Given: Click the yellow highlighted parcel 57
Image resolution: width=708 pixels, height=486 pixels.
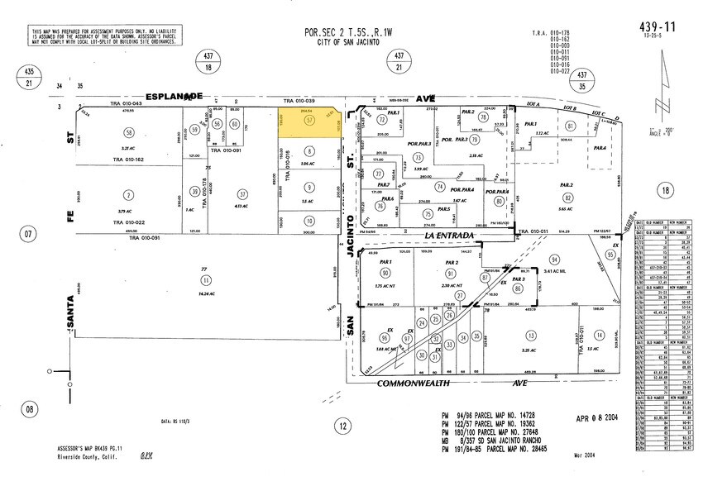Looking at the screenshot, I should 309,121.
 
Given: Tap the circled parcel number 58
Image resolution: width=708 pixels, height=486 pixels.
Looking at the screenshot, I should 128,132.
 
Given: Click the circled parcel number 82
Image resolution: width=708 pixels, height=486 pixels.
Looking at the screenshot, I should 568,198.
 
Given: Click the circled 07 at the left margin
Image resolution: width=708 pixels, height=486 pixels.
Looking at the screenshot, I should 29,235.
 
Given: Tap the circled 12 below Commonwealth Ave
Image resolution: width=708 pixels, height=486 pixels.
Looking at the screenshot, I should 341,426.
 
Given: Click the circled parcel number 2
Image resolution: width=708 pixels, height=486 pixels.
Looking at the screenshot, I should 128,196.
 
